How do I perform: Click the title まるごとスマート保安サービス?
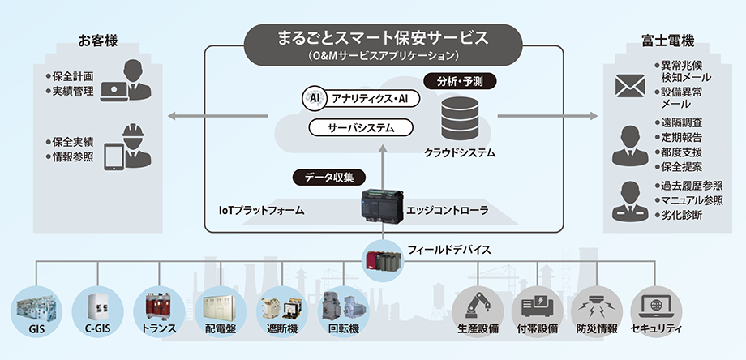coord(372,37)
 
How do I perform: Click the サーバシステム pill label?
coord(361,128)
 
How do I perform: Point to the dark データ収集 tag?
coord(328,176)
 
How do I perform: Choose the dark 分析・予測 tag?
coord(460,81)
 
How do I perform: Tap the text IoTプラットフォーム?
coord(262,211)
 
